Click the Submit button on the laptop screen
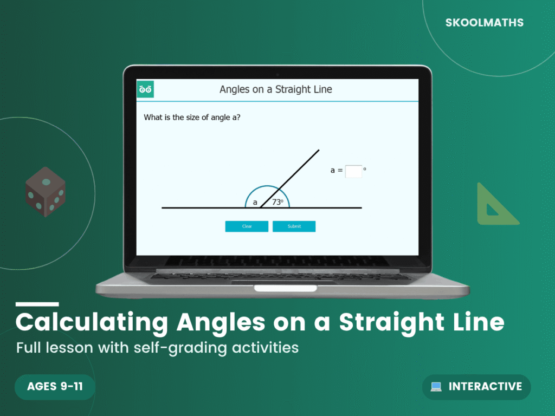point(294,226)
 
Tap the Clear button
point(247,226)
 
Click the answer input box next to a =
point(353,171)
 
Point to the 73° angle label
point(277,202)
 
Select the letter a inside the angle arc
point(255,203)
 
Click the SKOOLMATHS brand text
point(484,23)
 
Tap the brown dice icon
point(46,192)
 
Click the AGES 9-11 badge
point(55,387)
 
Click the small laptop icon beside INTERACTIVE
point(436,387)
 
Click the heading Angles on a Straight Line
point(275,89)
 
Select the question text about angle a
point(192,117)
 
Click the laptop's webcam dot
point(277,74)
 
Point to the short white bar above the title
point(37,304)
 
